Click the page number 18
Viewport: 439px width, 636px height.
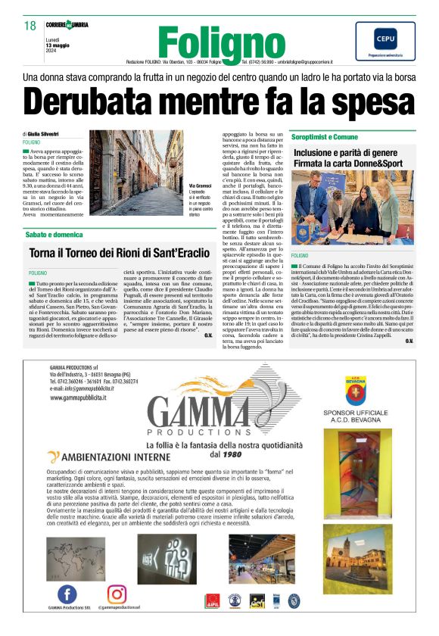click(x=30, y=26)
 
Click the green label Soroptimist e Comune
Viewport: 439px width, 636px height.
click(x=346, y=136)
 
